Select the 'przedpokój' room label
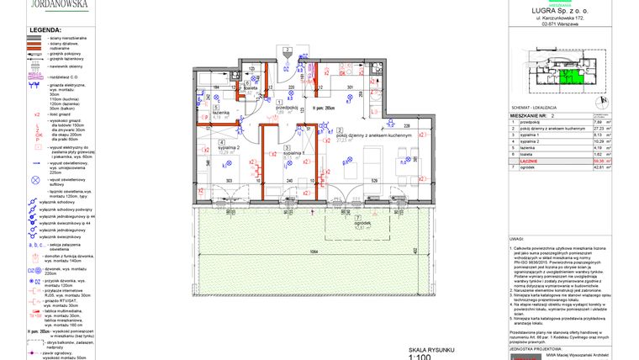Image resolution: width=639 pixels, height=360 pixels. pos(288,107)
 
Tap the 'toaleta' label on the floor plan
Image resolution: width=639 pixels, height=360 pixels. pos(250,88)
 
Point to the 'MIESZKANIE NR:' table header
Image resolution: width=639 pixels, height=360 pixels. pos(535,115)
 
